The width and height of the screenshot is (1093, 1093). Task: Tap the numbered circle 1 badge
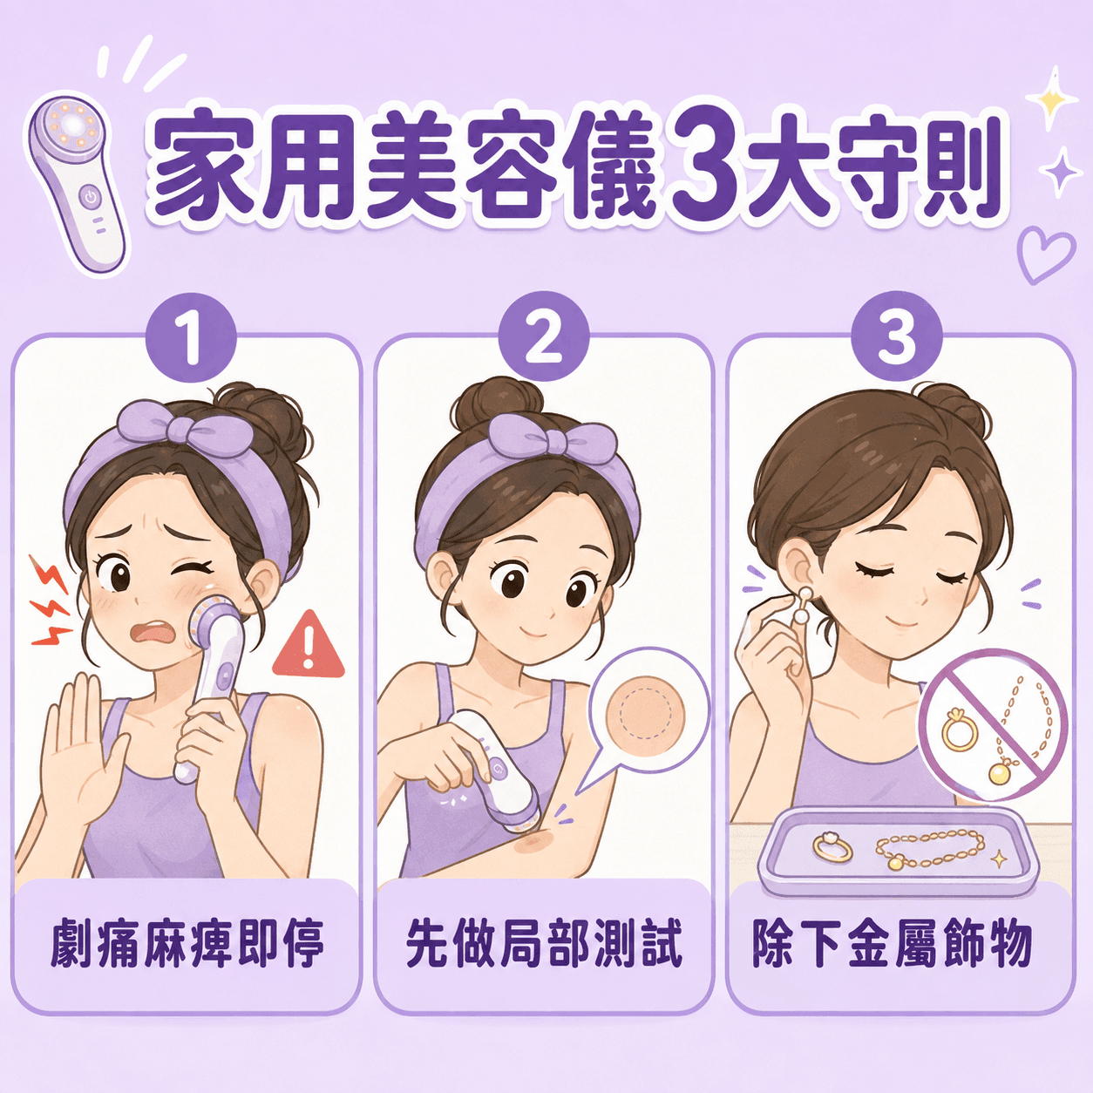pyautogui.click(x=191, y=338)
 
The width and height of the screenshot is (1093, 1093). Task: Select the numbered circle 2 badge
pyautogui.click(x=543, y=338)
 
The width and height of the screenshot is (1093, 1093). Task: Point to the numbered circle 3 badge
pyautogui.click(x=896, y=338)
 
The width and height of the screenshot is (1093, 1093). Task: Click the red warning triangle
pyautogui.click(x=309, y=646)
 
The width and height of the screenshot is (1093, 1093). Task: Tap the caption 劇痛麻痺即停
pyautogui.click(x=187, y=945)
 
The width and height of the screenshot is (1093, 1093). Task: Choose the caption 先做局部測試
pyautogui.click(x=543, y=945)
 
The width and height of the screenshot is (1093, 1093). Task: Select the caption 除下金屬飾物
pyautogui.click(x=891, y=945)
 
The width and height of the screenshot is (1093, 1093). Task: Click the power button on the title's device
pyautogui.click(x=91, y=197)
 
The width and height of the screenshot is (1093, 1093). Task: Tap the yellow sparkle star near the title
pyautogui.click(x=1050, y=98)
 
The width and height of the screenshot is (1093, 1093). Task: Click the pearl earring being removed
pyautogui.click(x=802, y=605)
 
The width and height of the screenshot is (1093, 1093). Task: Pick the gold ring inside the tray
pyautogui.click(x=832, y=848)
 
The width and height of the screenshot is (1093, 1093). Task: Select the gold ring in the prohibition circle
pyautogui.click(x=959, y=731)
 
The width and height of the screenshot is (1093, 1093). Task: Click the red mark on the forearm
pyautogui.click(x=531, y=845)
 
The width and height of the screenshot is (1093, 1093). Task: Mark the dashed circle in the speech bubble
pyautogui.click(x=646, y=716)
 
